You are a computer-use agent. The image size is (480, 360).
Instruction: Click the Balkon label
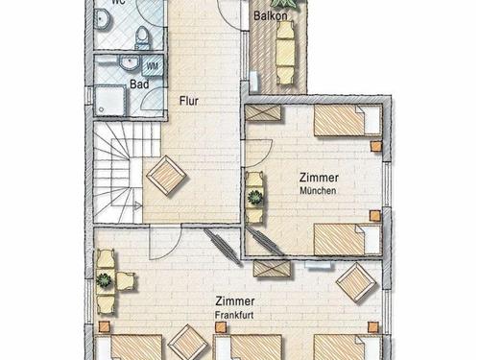click(271, 15)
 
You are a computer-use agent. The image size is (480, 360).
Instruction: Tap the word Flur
click(189, 101)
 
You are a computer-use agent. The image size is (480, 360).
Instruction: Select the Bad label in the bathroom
click(139, 84)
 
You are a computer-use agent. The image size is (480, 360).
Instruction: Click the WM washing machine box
click(153, 66)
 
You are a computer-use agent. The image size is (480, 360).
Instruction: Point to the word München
click(318, 191)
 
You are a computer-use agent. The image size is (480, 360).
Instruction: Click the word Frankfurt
click(234, 315)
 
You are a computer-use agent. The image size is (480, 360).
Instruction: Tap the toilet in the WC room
click(142, 36)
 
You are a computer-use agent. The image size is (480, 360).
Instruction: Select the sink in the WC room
click(103, 20)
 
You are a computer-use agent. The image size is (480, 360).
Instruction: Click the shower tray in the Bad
click(109, 100)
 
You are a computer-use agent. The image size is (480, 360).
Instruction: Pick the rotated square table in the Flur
click(166, 176)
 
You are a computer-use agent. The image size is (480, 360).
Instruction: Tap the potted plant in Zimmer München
click(255, 198)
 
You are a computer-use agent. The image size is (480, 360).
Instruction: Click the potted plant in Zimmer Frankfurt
click(104, 280)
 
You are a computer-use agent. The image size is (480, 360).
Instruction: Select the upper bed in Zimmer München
click(348, 121)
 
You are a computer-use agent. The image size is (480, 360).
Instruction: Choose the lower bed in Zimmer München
click(348, 239)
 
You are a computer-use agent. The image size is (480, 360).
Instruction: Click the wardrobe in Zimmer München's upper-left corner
click(263, 113)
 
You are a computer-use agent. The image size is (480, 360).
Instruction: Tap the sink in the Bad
click(130, 62)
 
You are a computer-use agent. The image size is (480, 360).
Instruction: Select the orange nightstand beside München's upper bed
click(376, 147)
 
